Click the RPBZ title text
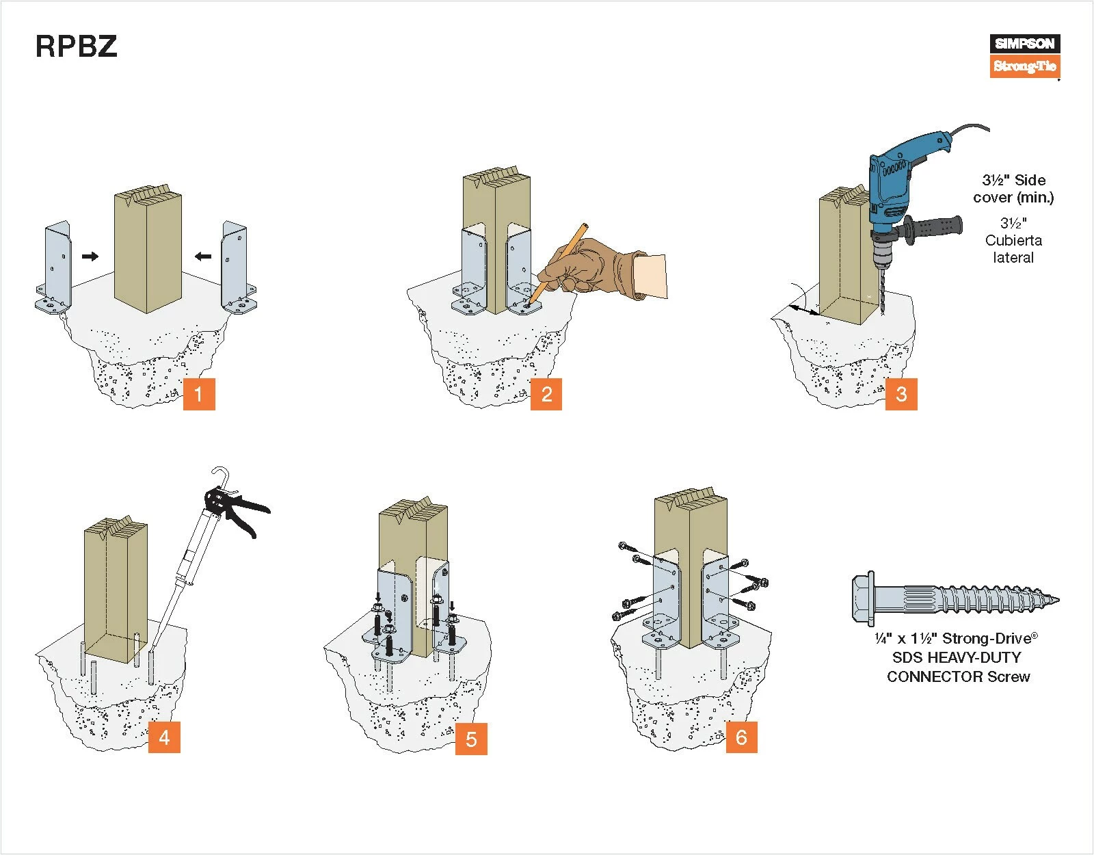[x=76, y=47]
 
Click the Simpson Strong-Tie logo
[x=1025, y=55]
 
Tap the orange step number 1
[x=199, y=394]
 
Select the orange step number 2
[x=546, y=394]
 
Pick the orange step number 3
[x=901, y=394]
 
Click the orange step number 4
[x=164, y=737]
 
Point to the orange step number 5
[x=471, y=739]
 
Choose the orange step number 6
[x=741, y=737]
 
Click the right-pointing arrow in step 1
[x=90, y=256]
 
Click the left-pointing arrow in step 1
[x=203, y=256]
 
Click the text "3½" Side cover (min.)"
[x=1013, y=189]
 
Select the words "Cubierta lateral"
[x=1013, y=249]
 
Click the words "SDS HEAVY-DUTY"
[x=957, y=657]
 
